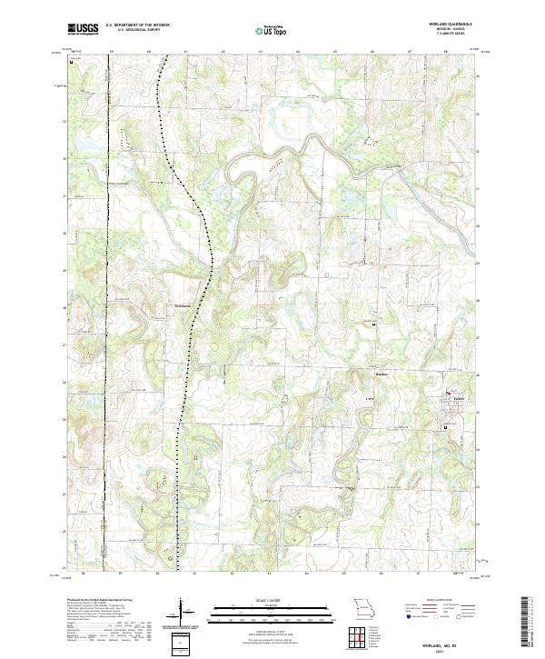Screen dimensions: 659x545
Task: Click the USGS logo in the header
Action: [x=84, y=29]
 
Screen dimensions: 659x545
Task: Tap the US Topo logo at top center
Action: [x=272, y=30]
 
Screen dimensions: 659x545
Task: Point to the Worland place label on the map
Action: [x=182, y=305]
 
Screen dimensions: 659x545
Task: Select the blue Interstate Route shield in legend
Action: [x=407, y=616]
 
